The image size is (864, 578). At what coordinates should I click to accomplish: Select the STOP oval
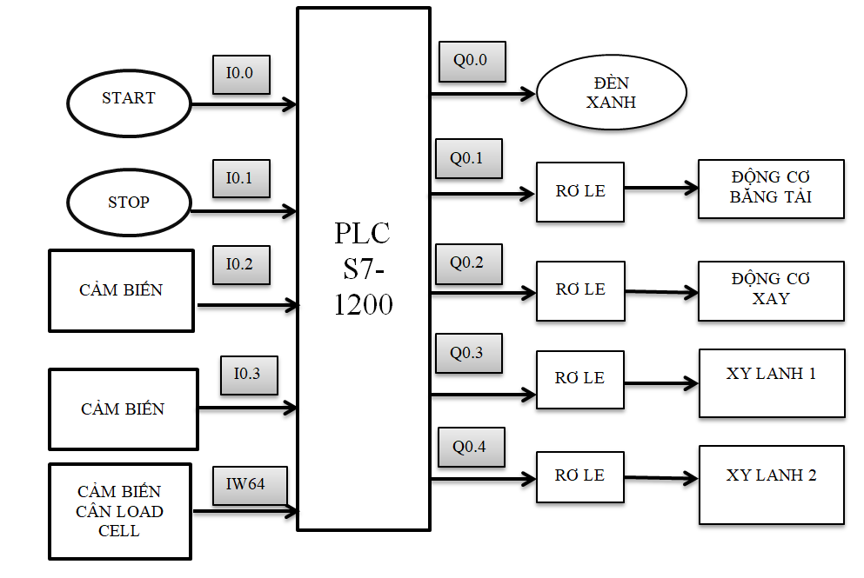129,203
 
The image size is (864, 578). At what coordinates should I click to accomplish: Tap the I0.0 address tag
242,75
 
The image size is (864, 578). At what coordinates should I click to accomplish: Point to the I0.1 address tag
242,178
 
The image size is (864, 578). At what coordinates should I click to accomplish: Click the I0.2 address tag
242,265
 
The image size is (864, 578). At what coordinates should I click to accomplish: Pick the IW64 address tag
251,485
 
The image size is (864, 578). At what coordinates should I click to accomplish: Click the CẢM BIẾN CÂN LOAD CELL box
120,512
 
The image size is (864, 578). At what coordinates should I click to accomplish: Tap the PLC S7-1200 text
363,269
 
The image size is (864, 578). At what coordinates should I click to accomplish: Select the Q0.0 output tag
472,62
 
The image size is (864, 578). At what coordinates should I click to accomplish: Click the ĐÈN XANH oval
612,93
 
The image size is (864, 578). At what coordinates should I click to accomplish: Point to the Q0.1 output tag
468,159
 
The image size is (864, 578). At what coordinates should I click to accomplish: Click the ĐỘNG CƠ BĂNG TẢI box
771,188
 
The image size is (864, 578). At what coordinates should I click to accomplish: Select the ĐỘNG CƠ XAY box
771,289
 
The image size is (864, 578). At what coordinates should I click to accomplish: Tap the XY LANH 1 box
771,383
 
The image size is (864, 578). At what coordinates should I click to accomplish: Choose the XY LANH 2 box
771,484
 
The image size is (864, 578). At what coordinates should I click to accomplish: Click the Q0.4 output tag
471,448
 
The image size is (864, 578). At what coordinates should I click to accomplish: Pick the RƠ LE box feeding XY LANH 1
579,379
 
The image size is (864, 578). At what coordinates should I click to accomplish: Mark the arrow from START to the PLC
244,105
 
